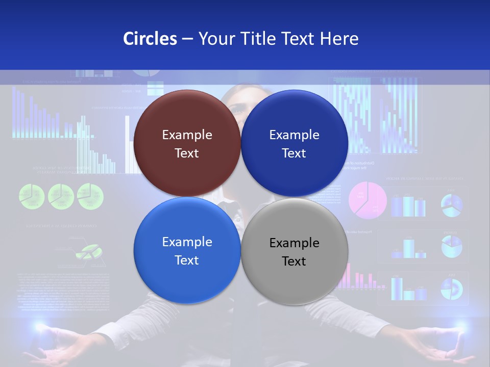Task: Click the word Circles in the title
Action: [150, 39]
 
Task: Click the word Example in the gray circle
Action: [294, 243]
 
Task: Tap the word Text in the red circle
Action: [187, 153]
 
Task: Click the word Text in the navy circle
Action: [294, 153]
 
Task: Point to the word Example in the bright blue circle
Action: [187, 242]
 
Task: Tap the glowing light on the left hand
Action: [38, 326]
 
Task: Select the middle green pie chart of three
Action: [61, 196]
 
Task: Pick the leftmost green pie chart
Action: [32, 196]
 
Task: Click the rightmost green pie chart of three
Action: [90, 196]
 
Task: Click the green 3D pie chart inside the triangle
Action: [89, 251]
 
